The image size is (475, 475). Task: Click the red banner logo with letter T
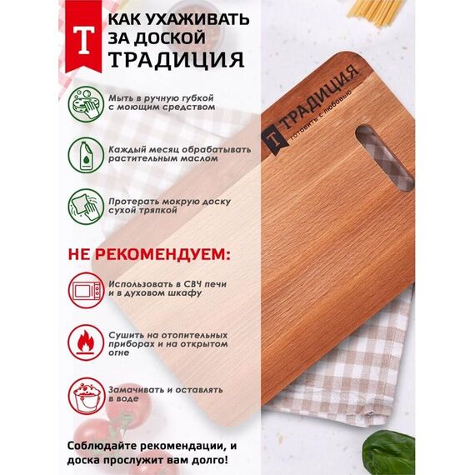tap(83, 37)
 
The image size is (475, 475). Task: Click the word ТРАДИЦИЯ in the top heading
tap(177, 59)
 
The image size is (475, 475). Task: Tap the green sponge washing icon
tap(86, 104)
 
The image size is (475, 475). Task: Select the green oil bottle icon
tap(86, 155)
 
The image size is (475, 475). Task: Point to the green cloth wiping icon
tap(86, 207)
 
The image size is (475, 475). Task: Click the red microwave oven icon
tap(86, 290)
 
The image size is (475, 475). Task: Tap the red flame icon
tap(86, 342)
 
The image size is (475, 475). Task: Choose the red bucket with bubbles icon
tap(86, 395)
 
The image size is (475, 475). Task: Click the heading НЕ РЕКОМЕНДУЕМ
tap(149, 254)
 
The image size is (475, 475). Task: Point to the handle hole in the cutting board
tap(385, 158)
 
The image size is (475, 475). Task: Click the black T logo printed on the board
tap(273, 139)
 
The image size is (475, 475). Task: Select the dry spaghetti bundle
tap(376, 12)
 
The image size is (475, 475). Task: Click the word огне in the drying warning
tap(118, 353)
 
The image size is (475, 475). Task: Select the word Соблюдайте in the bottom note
tap(102, 446)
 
